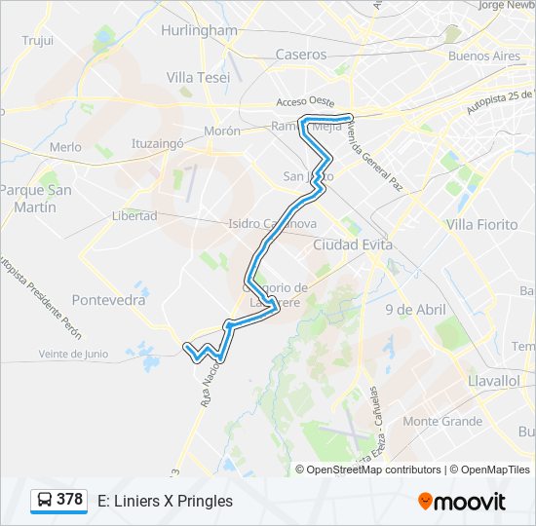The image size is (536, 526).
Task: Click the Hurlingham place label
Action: pos(199,30)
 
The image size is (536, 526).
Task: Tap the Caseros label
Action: pos(301,55)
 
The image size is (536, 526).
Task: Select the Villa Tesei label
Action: pos(198,77)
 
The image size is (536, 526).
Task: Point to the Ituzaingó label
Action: pos(158,143)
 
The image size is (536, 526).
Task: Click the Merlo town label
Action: pos(66,147)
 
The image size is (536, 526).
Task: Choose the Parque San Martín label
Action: pos(36,199)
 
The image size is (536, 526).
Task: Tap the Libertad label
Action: pos(134,215)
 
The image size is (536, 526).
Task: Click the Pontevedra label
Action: pos(109,300)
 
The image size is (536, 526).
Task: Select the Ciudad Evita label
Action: pos(353,244)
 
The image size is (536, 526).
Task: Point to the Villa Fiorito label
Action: pos(481,224)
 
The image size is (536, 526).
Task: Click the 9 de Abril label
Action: pos(415,310)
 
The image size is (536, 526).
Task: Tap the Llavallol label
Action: pos(493,381)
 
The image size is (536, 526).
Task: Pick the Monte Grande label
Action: pos(442,422)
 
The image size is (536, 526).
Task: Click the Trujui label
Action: pos(37,41)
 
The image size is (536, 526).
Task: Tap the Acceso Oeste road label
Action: pos(305,101)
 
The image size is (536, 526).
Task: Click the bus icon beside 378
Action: pos(44,501)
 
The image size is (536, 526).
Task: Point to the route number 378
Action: pos(69,500)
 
